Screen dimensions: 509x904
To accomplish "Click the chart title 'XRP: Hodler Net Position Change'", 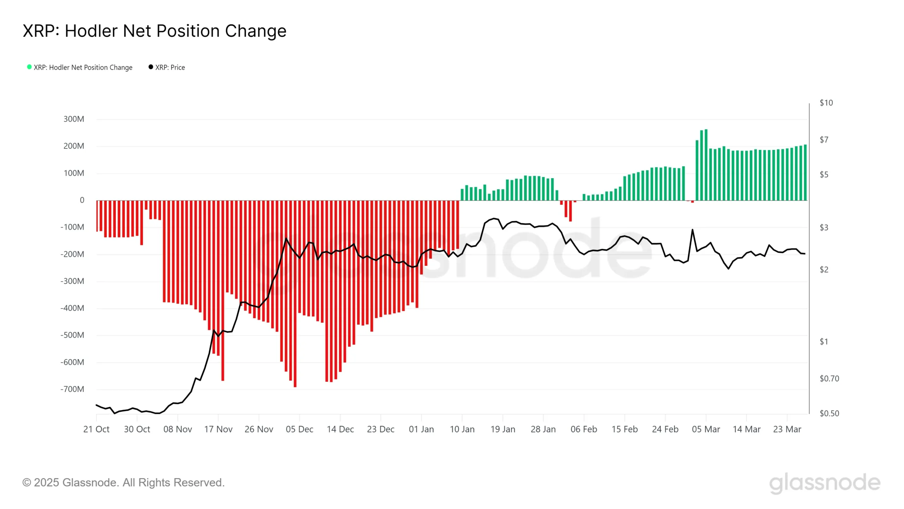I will coord(154,31).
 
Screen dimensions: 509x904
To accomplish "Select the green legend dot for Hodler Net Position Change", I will coord(29,67).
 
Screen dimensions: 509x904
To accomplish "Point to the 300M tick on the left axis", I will coord(74,119).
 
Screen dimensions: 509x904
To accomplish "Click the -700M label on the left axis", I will coord(72,389).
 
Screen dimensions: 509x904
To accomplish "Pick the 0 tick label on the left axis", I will coord(82,200).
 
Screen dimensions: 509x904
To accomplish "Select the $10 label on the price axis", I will coord(826,103).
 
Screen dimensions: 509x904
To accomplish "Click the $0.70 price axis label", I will coord(829,379).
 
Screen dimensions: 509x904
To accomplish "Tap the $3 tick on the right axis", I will coord(824,228).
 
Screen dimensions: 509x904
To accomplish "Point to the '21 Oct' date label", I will coord(96,429).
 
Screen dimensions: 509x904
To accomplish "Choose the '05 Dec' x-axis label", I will coord(299,429).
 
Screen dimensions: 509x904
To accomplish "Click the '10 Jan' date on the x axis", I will coord(462,429).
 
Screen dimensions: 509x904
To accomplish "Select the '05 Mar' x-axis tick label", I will coord(706,429).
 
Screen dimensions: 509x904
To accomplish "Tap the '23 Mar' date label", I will coord(787,429).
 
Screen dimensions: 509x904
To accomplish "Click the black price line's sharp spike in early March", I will coord(692,230).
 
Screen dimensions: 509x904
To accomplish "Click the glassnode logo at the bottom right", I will coord(825,483).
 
